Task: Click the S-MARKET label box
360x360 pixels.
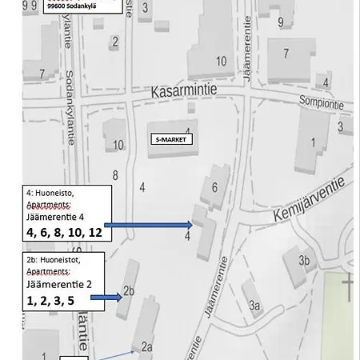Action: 172,139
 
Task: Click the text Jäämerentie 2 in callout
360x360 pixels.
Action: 63,285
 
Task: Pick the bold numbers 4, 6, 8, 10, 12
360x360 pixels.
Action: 63,234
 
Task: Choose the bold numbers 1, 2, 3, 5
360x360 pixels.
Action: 56,301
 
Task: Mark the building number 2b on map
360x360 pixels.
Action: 130,291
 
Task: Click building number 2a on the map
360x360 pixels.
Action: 146,346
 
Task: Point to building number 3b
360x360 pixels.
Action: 304,261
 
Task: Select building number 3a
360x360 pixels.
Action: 255,305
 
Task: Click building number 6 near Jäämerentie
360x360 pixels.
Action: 214,187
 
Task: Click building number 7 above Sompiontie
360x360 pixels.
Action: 286,54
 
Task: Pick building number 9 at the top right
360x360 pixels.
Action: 280,22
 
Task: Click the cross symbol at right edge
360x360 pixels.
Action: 349,286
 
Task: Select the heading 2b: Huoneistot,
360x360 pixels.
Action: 54,259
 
